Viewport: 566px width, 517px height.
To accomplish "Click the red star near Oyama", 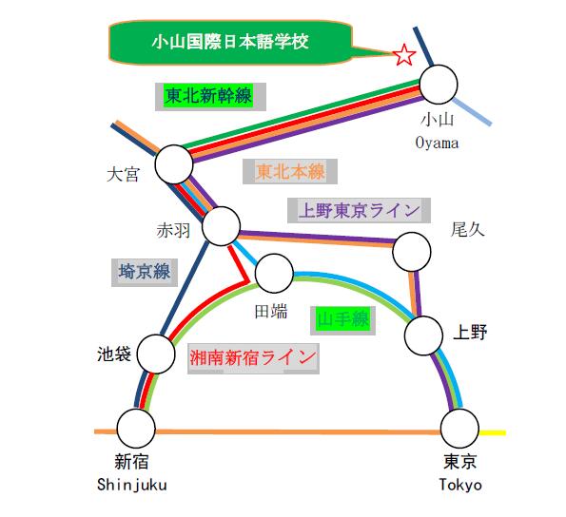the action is (x=404, y=55).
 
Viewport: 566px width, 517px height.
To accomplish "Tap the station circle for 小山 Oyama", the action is (x=439, y=85).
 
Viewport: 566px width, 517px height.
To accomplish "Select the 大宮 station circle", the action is (x=174, y=164).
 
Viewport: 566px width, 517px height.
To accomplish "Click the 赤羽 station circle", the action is (x=221, y=226).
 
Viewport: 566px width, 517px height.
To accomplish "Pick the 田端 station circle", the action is (x=274, y=274).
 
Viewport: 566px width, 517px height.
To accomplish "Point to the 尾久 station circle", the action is (x=412, y=252).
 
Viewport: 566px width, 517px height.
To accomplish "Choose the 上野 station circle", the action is (x=423, y=335).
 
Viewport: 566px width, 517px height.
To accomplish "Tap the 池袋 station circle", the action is (x=156, y=354).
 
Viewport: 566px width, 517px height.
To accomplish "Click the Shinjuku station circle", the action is (x=136, y=429).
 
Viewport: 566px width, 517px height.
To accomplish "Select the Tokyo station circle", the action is (x=459, y=429).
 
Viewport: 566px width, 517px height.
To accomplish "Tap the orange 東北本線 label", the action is (x=290, y=172).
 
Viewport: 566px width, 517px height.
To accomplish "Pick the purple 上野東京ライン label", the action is (x=360, y=211).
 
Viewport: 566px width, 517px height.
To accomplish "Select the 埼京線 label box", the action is (x=145, y=272).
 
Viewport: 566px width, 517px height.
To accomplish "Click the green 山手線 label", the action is (x=342, y=320).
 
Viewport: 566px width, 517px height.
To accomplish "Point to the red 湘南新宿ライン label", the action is (x=253, y=358).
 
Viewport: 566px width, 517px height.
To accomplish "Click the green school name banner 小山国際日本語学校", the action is (x=230, y=42).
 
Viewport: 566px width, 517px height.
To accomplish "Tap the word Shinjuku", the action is (x=132, y=485).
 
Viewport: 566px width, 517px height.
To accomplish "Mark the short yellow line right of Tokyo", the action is (x=493, y=432).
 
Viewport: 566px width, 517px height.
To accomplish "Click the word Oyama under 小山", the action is (x=437, y=144).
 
